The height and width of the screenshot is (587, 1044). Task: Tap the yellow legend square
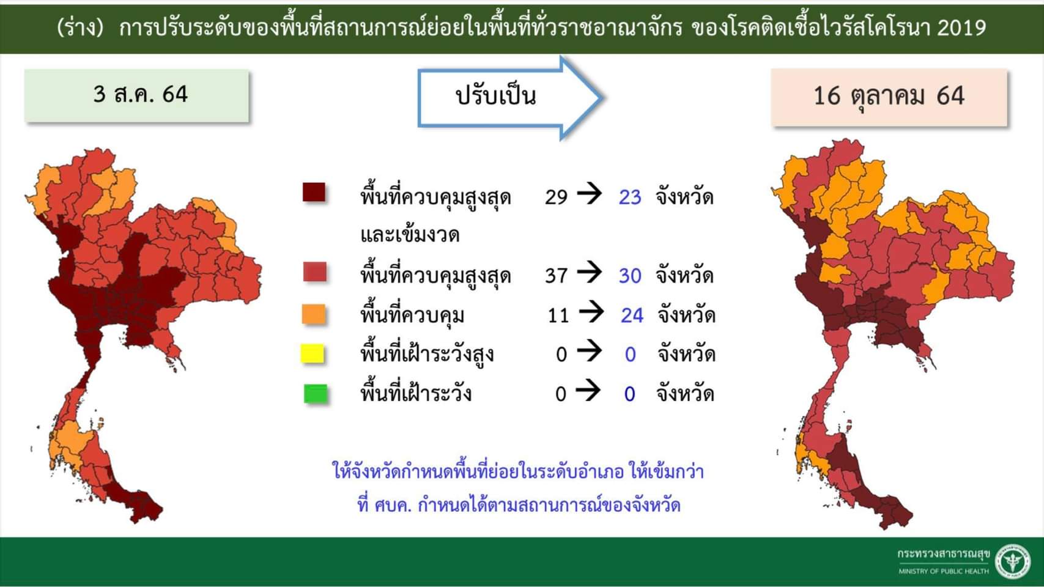click(x=313, y=354)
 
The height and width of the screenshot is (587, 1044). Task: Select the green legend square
click(x=316, y=394)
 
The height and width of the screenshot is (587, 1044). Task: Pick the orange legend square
click(x=314, y=314)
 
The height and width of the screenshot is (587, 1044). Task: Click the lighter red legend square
click(x=315, y=271)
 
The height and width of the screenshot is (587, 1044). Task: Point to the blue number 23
click(x=630, y=197)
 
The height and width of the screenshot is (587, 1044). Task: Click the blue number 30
click(x=630, y=276)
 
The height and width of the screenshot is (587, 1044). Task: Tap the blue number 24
click(x=632, y=316)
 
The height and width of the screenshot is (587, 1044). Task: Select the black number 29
click(x=556, y=197)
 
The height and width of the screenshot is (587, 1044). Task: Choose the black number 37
click(x=556, y=276)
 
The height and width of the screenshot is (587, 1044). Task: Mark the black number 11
click(x=558, y=316)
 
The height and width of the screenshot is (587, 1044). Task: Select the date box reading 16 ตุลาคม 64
click(x=889, y=97)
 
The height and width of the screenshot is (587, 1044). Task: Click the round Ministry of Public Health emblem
click(x=1013, y=561)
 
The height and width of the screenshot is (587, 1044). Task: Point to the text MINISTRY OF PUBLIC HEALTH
click(x=943, y=571)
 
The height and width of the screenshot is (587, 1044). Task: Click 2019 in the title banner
click(x=961, y=28)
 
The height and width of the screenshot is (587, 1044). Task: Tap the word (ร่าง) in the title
click(x=80, y=28)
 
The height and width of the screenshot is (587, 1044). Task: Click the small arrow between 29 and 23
click(x=590, y=194)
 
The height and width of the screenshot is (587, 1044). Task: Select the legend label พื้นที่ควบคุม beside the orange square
click(x=412, y=316)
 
